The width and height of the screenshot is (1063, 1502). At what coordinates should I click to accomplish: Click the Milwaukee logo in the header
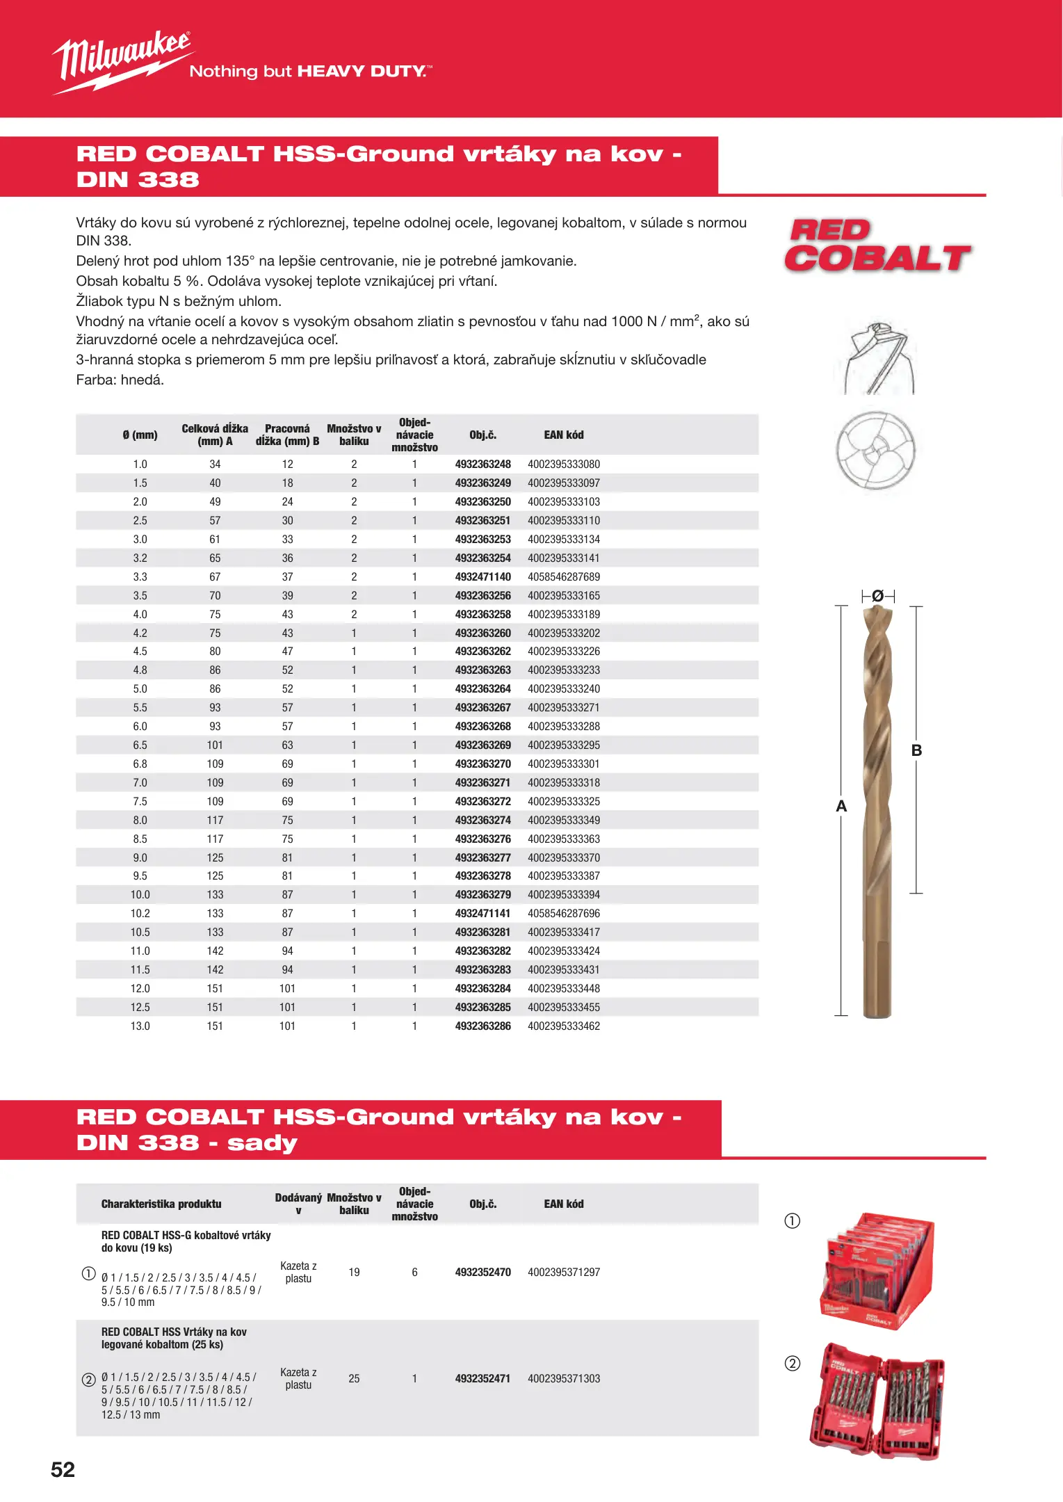click(x=122, y=61)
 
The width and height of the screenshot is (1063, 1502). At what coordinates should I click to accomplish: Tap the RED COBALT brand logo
click(x=877, y=245)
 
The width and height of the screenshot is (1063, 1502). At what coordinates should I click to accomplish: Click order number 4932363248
click(x=482, y=465)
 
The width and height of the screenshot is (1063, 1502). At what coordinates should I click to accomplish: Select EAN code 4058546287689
click(x=563, y=577)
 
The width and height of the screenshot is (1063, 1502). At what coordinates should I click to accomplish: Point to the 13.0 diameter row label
click(x=140, y=1026)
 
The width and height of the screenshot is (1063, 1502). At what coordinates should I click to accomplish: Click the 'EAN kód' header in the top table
click(x=563, y=435)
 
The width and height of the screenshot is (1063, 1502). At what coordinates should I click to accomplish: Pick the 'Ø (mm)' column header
click(x=140, y=435)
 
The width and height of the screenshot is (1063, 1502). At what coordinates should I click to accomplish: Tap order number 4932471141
click(x=482, y=914)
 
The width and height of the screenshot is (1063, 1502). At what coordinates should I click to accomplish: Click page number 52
click(x=63, y=1469)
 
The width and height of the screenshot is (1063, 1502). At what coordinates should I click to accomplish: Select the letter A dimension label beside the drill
click(x=841, y=807)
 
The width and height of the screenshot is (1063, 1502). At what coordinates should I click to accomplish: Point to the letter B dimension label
click(x=916, y=751)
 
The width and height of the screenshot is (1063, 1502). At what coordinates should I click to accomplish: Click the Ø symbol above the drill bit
click(x=877, y=596)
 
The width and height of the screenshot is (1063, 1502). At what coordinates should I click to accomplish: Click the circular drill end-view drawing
click(x=875, y=451)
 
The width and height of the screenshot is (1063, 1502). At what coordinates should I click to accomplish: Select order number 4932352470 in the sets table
click(x=482, y=1273)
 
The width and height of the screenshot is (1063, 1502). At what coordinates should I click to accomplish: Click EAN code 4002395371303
click(x=563, y=1379)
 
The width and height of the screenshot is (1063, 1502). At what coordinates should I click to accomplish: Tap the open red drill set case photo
click(x=877, y=1401)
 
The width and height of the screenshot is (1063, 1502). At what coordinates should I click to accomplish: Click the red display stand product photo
click(x=877, y=1271)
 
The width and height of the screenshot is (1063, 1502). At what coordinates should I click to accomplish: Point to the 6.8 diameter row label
click(x=140, y=764)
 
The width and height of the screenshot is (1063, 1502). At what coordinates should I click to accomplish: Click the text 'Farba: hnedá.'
click(x=120, y=380)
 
